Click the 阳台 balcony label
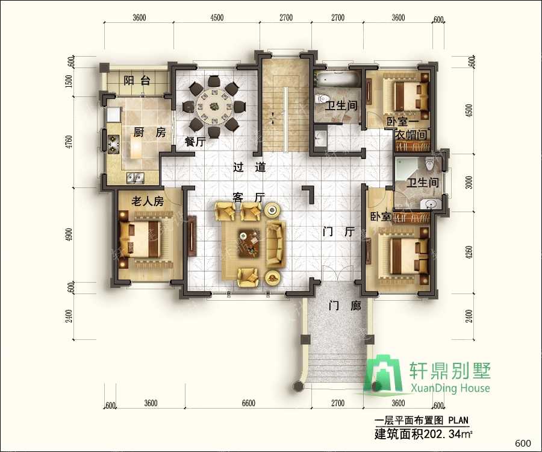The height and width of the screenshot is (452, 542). [x=136, y=81]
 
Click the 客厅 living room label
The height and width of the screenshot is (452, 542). [x=249, y=197]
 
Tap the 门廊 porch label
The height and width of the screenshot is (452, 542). [x=344, y=306]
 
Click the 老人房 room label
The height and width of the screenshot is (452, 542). [x=147, y=201]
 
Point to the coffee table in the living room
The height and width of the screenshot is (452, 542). [x=247, y=239]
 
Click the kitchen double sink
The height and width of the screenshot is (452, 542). [x=135, y=177]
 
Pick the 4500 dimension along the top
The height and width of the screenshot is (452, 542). [x=217, y=17]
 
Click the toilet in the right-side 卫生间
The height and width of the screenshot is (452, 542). [x=429, y=163]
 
